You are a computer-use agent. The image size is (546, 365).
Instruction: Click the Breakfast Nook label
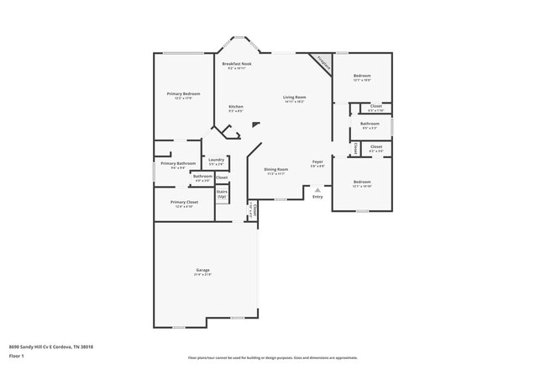[x=237, y=64]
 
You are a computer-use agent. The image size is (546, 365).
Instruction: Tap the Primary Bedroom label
[x=183, y=93]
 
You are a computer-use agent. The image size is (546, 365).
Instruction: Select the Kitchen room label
[x=237, y=106]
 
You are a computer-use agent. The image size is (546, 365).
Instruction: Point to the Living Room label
[x=294, y=98]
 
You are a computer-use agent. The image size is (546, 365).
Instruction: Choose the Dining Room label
[x=276, y=170]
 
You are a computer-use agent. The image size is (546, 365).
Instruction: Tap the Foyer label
[x=318, y=161]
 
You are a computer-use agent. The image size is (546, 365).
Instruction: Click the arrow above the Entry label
[x=318, y=190]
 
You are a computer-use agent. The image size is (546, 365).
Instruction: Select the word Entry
[x=318, y=197]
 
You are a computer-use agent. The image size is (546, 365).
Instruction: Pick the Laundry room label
[x=216, y=159]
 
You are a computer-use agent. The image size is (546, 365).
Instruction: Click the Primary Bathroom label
[x=178, y=163]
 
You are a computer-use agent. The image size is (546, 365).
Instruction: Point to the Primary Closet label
[x=184, y=202]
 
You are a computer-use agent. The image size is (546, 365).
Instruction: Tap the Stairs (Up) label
[x=223, y=193]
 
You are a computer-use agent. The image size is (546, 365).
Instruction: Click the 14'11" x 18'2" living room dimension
[x=294, y=103]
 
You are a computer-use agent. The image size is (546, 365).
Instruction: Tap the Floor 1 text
[x=18, y=356]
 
